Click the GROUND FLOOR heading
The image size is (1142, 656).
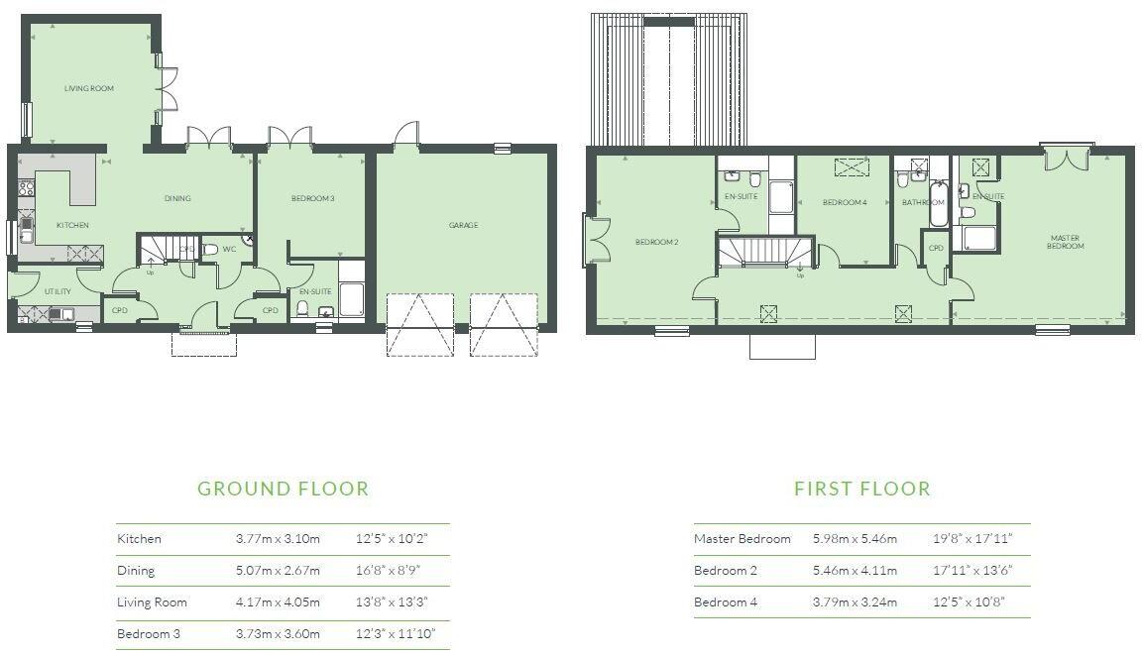click(x=283, y=489)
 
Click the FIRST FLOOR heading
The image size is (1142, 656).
click(x=861, y=489)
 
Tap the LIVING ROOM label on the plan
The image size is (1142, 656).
click(x=89, y=89)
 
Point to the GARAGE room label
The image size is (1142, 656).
click(x=463, y=226)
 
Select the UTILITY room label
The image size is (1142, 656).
click(x=57, y=292)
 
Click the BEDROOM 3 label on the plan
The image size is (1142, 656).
click(x=312, y=199)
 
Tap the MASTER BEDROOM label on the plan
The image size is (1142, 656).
click(x=1065, y=242)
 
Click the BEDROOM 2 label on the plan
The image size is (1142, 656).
click(x=656, y=242)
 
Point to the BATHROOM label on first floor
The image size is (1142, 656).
click(x=923, y=203)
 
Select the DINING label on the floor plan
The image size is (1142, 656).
click(x=177, y=198)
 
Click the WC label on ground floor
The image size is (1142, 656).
click(x=229, y=249)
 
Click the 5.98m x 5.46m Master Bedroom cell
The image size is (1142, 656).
click(x=855, y=539)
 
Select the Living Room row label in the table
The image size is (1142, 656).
click(x=152, y=602)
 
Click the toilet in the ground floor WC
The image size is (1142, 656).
click(x=210, y=250)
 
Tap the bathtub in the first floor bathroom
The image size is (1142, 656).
click(x=938, y=204)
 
